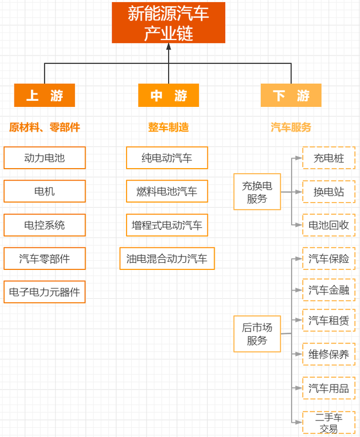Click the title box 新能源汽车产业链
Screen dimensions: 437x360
[x=169, y=23]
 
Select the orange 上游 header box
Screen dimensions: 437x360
[x=44, y=95]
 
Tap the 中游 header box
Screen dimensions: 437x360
[x=168, y=95]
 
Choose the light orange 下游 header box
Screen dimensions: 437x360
[x=291, y=95]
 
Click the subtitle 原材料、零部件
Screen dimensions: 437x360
[x=45, y=127]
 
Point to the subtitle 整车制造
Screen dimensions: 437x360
[x=168, y=127]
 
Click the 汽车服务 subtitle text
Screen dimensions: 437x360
[x=291, y=127]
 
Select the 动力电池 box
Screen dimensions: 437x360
[x=45, y=158]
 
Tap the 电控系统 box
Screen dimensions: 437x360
[x=45, y=225]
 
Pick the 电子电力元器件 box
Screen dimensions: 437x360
[x=45, y=292]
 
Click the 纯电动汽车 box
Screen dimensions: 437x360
[x=167, y=158]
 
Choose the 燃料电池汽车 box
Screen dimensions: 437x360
[x=167, y=191]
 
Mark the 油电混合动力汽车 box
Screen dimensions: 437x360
[x=167, y=259]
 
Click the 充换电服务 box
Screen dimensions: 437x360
[x=257, y=192]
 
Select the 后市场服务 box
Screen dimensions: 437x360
[x=257, y=334]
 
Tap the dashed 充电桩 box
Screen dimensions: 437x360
[x=329, y=158]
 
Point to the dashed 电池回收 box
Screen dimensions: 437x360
[x=329, y=225]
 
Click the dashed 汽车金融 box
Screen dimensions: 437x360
[x=329, y=290]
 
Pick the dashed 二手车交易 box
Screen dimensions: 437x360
[x=329, y=423]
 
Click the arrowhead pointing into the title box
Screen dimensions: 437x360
[x=169, y=47]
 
